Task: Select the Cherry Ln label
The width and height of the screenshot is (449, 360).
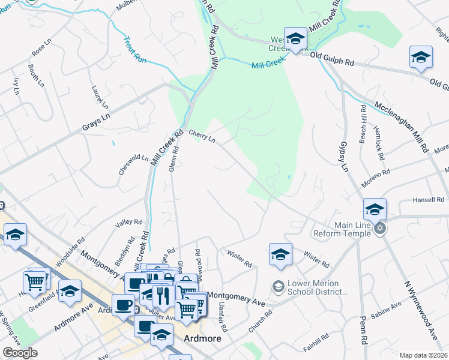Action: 202,136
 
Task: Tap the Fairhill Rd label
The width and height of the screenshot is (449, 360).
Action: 316,341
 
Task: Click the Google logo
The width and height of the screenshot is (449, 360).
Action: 20,353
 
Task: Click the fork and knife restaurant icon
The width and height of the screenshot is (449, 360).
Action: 162,295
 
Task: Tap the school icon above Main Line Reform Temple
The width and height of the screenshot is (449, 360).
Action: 375,209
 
